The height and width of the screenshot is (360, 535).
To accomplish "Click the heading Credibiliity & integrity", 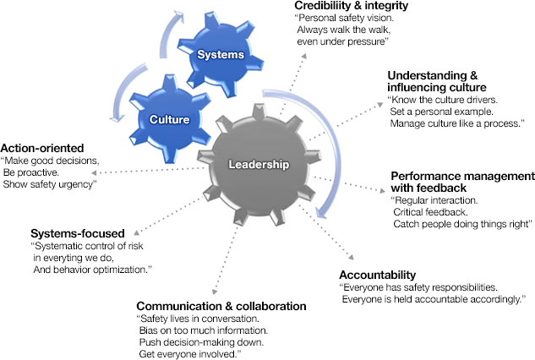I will point(351,7).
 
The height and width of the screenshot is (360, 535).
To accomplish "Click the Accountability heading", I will point(378,275).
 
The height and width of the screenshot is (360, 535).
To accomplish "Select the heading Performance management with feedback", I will point(461,182).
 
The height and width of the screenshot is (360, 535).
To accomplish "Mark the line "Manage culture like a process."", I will point(457,123).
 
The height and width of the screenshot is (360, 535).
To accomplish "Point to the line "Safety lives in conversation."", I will point(198,319).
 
